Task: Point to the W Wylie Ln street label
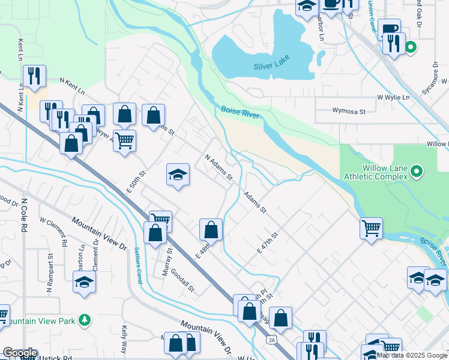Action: click(393, 97)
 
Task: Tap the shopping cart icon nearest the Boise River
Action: click(371, 228)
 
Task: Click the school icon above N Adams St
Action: click(178, 175)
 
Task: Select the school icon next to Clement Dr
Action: click(84, 282)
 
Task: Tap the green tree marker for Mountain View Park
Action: click(85, 320)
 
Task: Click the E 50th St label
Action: click(136, 182)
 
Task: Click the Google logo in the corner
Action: click(20, 353)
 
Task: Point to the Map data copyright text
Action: click(412, 355)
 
